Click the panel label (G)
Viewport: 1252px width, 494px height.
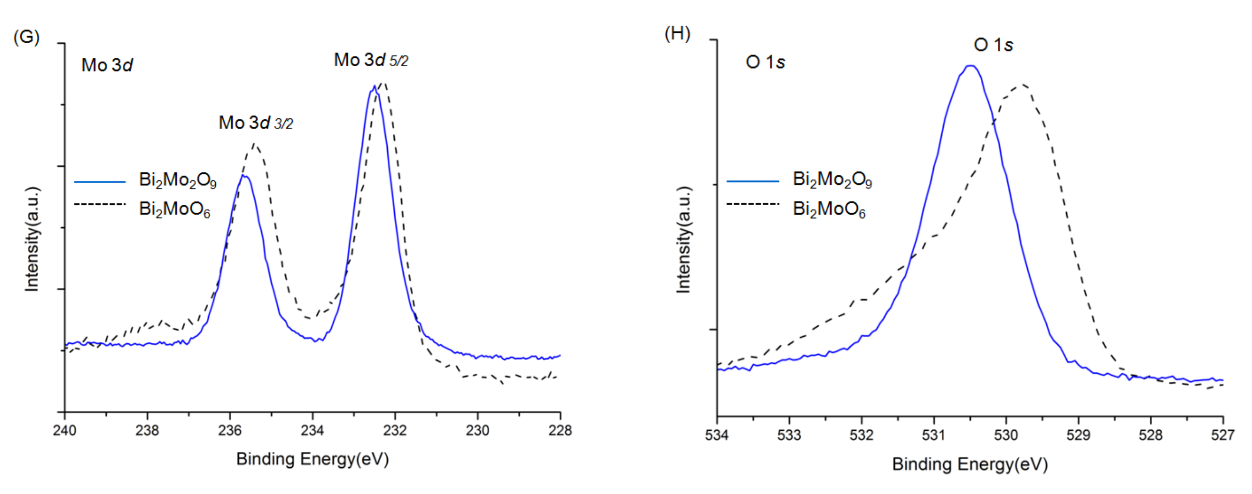coord(26,37)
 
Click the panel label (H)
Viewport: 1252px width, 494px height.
coord(678,34)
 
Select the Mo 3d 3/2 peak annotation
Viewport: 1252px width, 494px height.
coord(256,123)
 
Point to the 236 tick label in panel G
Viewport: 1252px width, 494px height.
coord(230,430)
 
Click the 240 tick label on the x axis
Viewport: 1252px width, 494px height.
coord(64,430)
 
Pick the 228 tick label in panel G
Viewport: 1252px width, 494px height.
coord(560,430)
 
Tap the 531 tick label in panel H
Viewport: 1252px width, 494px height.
coord(934,435)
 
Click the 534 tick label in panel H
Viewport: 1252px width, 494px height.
coord(717,435)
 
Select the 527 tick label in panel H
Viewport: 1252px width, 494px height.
coord(1222,435)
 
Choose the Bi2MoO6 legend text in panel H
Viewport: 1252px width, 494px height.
coord(829,209)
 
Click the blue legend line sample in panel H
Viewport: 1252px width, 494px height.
coord(753,181)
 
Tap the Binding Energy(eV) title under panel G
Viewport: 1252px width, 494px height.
coord(312,459)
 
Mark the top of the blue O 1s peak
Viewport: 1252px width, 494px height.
coord(970,66)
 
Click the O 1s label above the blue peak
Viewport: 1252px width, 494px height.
coord(993,45)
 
